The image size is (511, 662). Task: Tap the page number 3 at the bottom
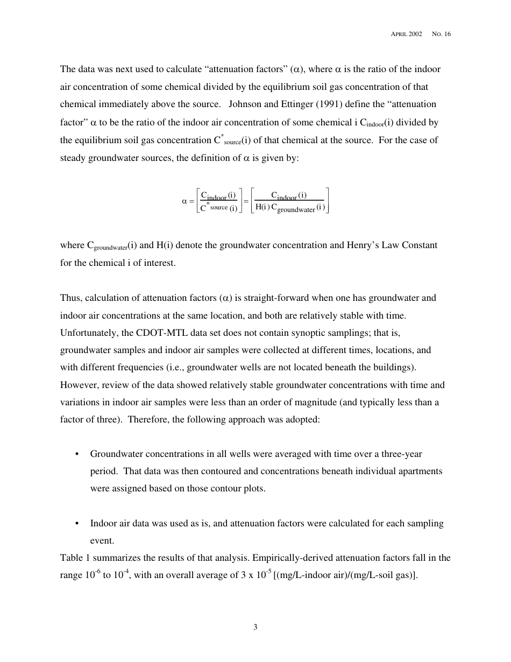(x=256, y=626)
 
